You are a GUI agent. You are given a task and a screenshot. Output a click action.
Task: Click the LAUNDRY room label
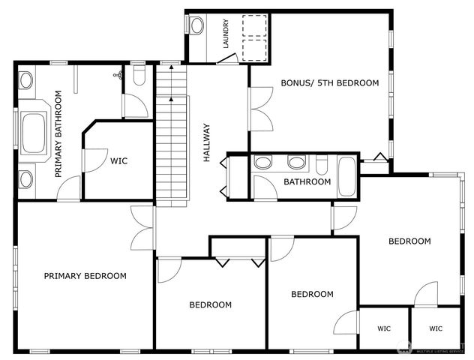pyautogui.click(x=224, y=34)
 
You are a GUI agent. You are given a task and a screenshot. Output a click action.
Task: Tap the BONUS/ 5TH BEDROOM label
pyautogui.click(x=330, y=83)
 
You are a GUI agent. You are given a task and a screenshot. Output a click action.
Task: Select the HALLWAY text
pyautogui.click(x=208, y=143)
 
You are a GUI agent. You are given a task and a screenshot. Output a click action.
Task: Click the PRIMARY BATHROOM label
pyautogui.click(x=58, y=133)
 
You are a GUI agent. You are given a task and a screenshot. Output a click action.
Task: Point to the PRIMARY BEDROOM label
pyautogui.click(x=85, y=276)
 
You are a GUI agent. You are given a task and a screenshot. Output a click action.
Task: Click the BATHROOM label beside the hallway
pyautogui.click(x=307, y=182)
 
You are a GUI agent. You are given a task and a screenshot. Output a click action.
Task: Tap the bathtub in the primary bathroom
pyautogui.click(x=34, y=134)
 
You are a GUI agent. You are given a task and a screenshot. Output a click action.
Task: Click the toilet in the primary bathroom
pyautogui.click(x=139, y=74)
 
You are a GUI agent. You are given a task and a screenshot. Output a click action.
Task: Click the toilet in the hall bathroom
pyautogui.click(x=322, y=164)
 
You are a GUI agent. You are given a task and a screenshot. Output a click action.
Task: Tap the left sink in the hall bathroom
pyautogui.click(x=264, y=162)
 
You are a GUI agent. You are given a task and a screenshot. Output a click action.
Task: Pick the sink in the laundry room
pyautogui.click(x=196, y=25)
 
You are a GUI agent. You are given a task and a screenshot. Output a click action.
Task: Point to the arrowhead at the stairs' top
pyautogui.click(x=172, y=68)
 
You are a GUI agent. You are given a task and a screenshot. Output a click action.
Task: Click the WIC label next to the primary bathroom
pyautogui.click(x=119, y=160)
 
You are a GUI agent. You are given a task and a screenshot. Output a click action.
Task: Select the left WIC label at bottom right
pyautogui.click(x=384, y=328)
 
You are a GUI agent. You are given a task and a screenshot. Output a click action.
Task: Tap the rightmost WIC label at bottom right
pyautogui.click(x=436, y=328)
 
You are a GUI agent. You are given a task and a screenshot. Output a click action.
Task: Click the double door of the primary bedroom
pyautogui.click(x=141, y=229)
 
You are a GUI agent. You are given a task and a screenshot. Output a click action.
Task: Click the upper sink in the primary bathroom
pyautogui.click(x=26, y=79)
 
